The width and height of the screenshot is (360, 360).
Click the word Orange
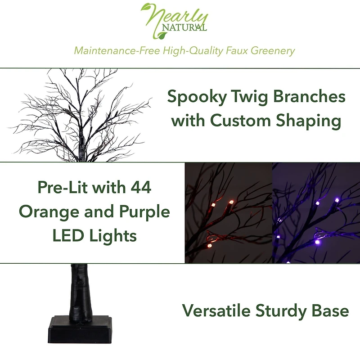point(49,211)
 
